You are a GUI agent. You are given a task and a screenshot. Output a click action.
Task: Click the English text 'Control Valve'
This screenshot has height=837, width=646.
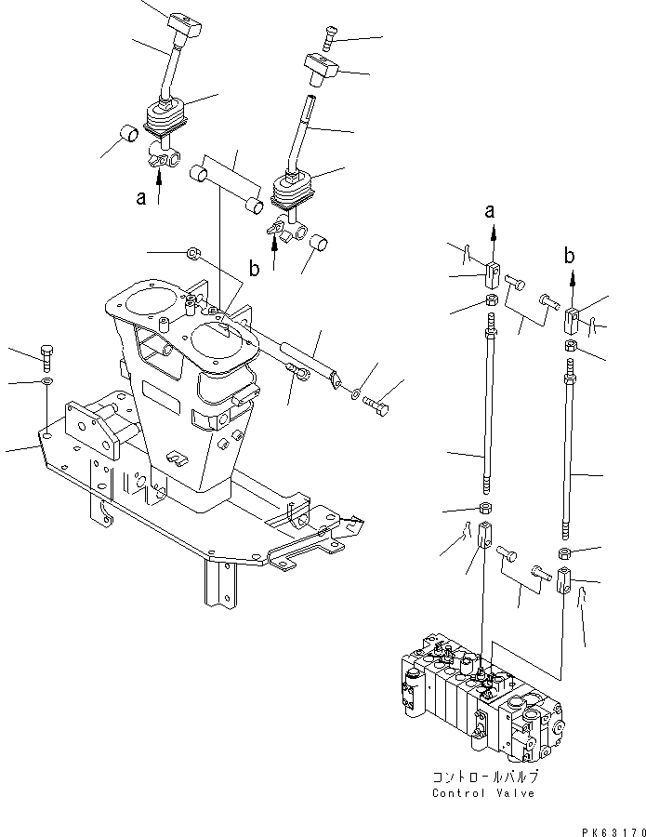click(483, 793)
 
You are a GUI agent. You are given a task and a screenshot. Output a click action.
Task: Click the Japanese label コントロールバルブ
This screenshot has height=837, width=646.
click(484, 777)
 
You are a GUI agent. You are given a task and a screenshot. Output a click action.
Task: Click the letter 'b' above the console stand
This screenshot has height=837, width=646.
click(253, 271)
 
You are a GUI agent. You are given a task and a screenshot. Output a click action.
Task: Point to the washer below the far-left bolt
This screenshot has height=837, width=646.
click(46, 382)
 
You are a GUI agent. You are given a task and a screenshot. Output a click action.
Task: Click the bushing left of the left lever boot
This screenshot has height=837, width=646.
click(128, 139)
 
